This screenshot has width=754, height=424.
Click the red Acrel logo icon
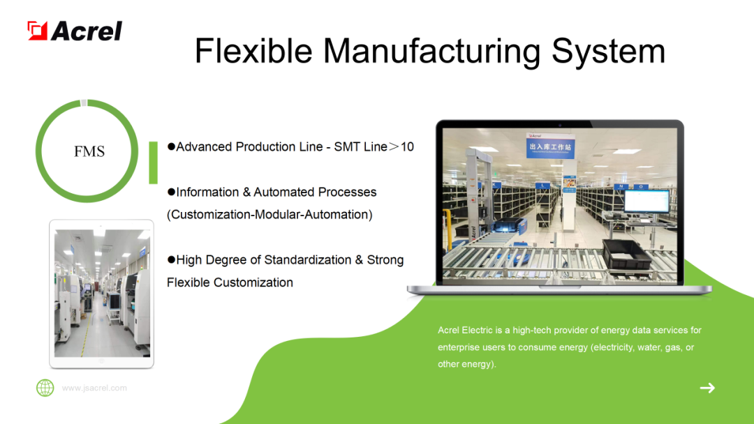click(38, 31)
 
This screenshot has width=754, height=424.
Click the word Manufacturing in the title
click(432, 51)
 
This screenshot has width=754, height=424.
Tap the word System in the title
click(608, 51)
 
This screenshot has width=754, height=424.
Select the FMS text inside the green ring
click(89, 151)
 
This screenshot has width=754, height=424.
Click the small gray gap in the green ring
click(84, 103)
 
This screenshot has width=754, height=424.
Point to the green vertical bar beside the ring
click(154, 162)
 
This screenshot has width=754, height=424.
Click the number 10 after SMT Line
click(407, 146)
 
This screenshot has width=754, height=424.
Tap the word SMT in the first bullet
click(347, 146)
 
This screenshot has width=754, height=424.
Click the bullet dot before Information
click(171, 192)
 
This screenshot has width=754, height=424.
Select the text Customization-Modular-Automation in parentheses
click(269, 215)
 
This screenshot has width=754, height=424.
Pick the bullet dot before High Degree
click(171, 260)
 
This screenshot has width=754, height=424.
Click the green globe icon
click(45, 388)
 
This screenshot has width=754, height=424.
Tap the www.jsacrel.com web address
click(94, 388)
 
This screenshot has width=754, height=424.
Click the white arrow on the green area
click(707, 388)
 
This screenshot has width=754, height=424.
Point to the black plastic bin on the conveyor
click(628, 254)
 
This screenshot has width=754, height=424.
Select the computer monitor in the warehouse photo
click(646, 201)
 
